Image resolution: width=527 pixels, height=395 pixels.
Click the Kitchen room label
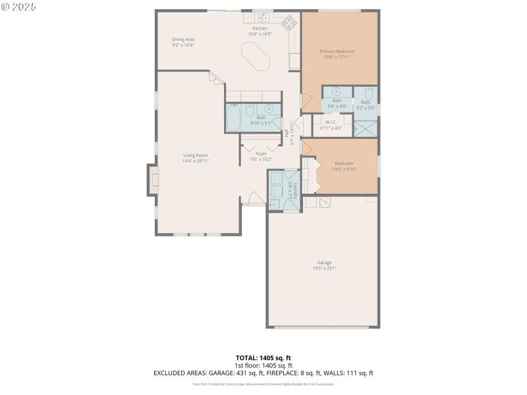point(260,28)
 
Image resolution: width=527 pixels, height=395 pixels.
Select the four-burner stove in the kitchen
point(289,24)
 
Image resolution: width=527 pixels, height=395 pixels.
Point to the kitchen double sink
point(264,16)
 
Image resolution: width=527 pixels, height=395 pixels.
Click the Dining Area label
point(183,39)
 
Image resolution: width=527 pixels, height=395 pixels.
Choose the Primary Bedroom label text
point(337,51)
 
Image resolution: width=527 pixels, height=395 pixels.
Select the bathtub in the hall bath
point(234,118)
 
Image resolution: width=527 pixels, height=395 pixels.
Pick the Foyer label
point(261,154)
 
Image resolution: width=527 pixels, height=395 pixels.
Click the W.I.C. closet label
point(331,122)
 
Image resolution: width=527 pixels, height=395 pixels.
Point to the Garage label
point(324,263)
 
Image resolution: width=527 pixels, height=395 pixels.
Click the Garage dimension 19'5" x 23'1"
point(324,268)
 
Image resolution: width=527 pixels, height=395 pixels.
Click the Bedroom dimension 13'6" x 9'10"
point(344,169)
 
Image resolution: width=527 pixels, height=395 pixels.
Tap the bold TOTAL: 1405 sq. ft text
point(263,357)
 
